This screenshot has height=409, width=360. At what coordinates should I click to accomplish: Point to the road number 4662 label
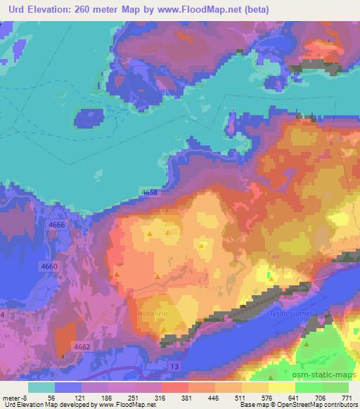coord(82,346)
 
